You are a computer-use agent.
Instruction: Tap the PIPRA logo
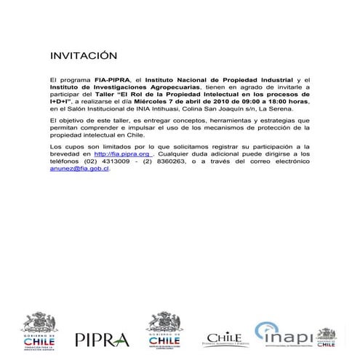[x=102, y=339]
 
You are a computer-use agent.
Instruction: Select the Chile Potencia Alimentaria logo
[x=224, y=339]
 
